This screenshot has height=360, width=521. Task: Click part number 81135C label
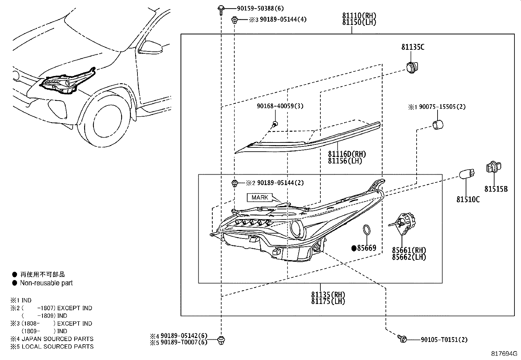click(x=413, y=47)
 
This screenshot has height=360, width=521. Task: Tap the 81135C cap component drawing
click(x=412, y=67)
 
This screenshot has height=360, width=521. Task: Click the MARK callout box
click(x=260, y=198)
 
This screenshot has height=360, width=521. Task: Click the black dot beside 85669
click(x=354, y=248)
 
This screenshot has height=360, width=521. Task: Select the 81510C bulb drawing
click(x=465, y=175)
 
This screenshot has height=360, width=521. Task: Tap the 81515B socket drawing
click(x=491, y=168)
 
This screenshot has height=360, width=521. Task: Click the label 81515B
click(x=496, y=189)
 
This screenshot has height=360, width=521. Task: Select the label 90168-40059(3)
click(x=280, y=106)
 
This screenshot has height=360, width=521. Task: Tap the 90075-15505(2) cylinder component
click(x=438, y=125)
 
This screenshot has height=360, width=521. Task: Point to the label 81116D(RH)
click(x=347, y=154)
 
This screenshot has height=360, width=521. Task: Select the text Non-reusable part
click(x=46, y=283)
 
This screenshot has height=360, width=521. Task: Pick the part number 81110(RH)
click(x=359, y=15)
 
